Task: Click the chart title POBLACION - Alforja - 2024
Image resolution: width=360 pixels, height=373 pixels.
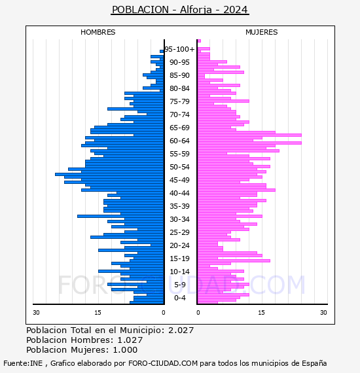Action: tap(180, 10)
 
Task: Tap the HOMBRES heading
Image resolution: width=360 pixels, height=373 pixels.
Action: tap(98, 32)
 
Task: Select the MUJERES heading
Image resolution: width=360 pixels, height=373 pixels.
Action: tap(262, 32)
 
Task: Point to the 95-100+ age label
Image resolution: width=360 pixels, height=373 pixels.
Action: tap(179, 49)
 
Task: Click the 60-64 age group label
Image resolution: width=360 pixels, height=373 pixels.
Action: tap(179, 141)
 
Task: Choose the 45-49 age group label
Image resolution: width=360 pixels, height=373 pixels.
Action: tap(179, 180)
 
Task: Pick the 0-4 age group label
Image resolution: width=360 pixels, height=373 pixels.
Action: tap(180, 298)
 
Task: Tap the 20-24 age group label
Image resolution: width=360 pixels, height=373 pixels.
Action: tap(179, 245)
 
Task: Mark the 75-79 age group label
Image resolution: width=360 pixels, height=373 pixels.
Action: tap(179, 101)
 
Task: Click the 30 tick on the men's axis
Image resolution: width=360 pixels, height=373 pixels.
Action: tap(36, 313)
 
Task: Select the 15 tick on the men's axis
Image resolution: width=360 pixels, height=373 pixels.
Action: tap(98, 313)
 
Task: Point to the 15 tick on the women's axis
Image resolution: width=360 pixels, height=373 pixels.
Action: tap(262, 313)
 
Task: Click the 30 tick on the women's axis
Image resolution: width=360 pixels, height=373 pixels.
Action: tap(323, 313)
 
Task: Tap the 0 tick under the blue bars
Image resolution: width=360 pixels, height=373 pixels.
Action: tap(164, 313)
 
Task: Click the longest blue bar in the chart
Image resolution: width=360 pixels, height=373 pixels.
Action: tap(109, 174)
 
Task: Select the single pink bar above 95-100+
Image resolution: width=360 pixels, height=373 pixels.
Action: tap(199, 41)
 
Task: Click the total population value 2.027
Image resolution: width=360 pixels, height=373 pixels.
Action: tap(181, 330)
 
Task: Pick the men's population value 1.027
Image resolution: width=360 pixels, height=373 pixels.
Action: tap(130, 340)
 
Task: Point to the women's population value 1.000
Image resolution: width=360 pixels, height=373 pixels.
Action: tap(125, 350)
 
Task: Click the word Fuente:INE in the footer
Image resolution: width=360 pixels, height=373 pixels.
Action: tap(23, 363)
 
